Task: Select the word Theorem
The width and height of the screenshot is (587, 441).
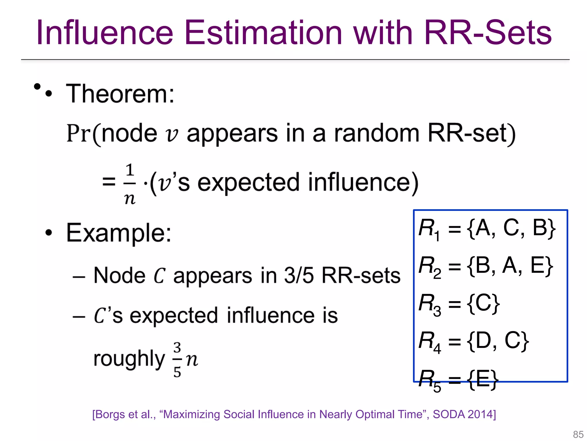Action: pyautogui.click(x=120, y=94)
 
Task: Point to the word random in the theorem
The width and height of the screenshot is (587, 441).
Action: pyautogui.click(x=377, y=133)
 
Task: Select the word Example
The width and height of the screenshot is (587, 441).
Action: pyautogui.click(x=119, y=233)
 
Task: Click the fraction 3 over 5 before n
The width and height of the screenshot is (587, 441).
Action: pyautogui.click(x=177, y=359)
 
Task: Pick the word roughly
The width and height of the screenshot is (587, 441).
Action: pyautogui.click(x=129, y=359)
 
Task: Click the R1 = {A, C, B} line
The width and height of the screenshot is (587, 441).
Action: pyautogui.click(x=487, y=229)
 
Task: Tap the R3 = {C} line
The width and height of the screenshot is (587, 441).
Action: pyautogui.click(x=459, y=304)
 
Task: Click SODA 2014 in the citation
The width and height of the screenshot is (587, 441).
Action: pyautogui.click(x=464, y=415)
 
